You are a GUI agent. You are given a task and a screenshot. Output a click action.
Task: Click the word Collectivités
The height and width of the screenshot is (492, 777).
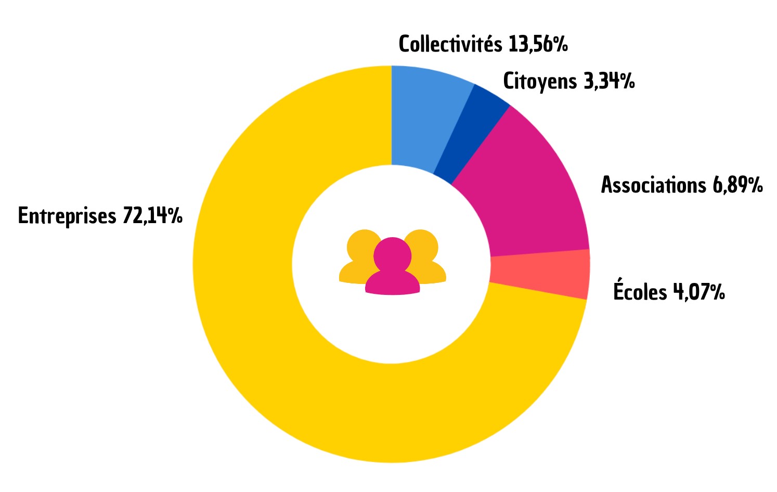450,44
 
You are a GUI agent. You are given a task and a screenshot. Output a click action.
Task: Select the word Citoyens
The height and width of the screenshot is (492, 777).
540,82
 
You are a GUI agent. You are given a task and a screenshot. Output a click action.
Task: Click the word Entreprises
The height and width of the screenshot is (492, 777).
67,216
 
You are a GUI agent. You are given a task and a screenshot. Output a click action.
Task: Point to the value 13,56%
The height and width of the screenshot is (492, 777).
538,45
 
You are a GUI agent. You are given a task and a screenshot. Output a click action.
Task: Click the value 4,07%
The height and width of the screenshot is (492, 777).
699,292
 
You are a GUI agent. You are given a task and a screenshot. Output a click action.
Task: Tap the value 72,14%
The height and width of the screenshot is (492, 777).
152,215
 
